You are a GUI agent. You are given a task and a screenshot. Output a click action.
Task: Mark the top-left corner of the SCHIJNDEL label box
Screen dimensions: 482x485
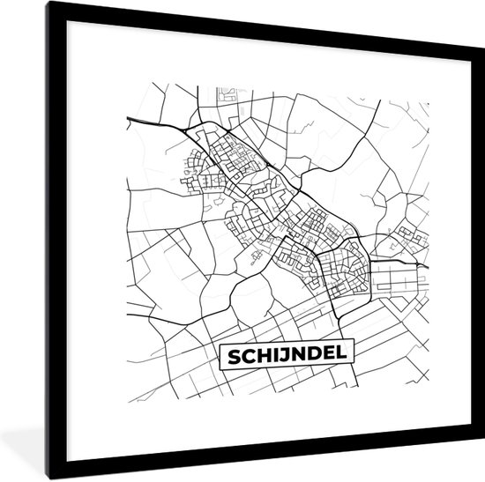point(220,343)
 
